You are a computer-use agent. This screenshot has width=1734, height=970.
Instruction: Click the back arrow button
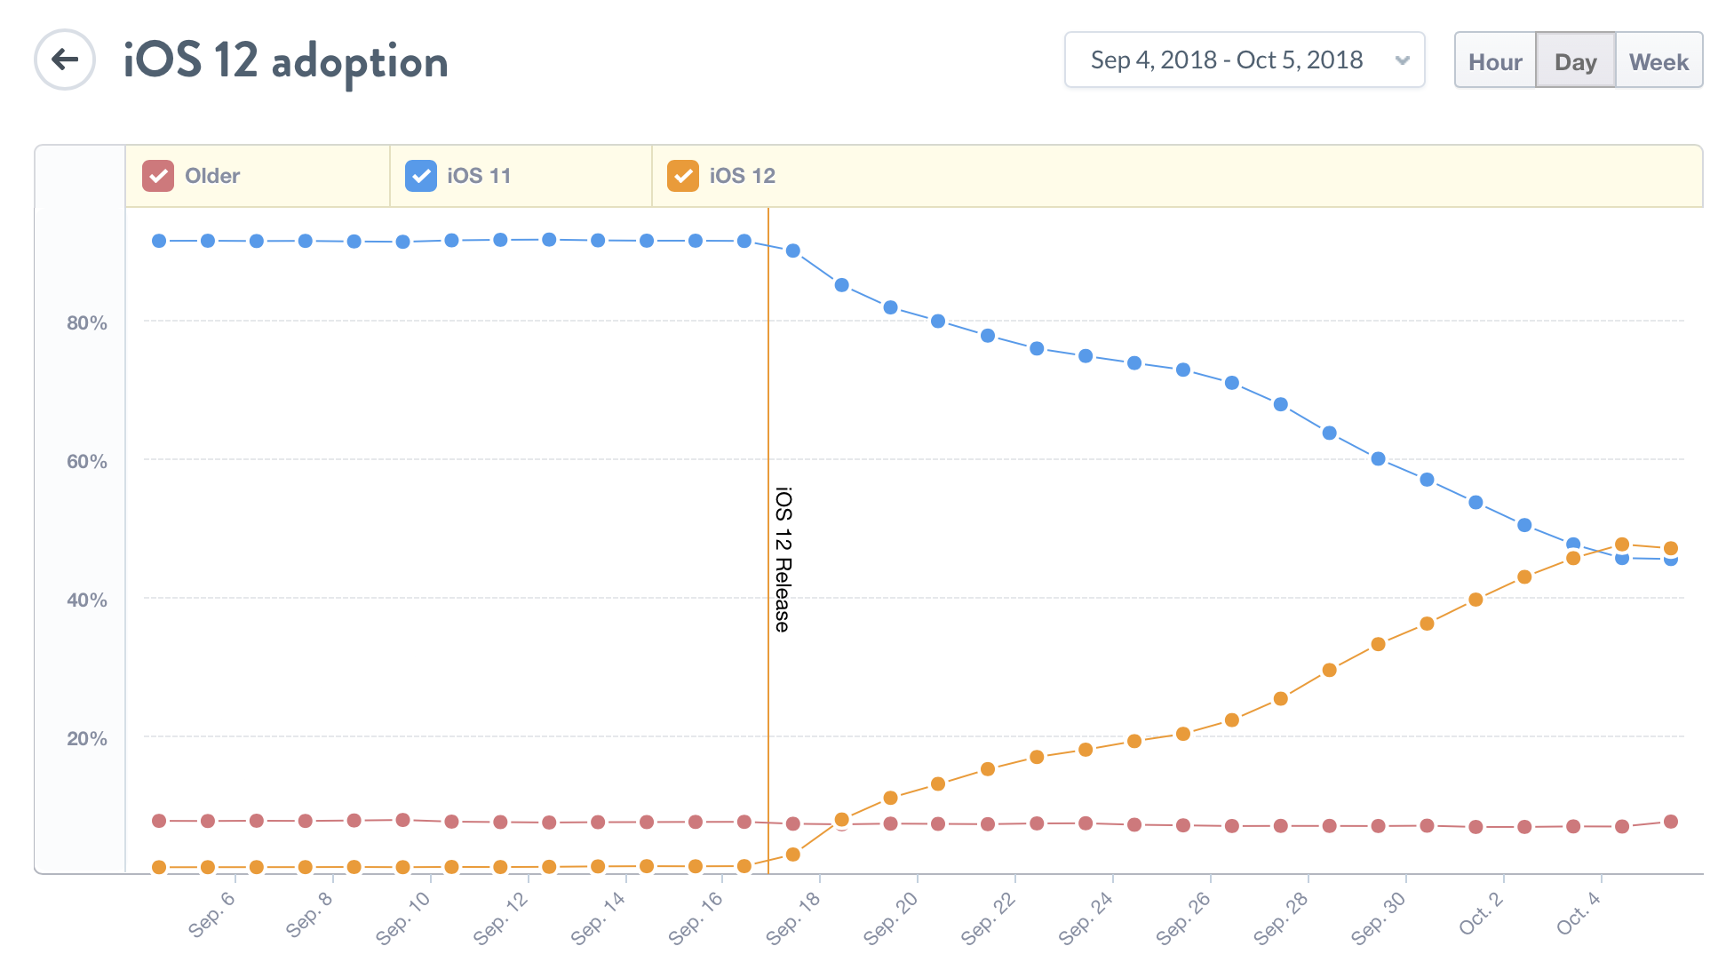click(65, 60)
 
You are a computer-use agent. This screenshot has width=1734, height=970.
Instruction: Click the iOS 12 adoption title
click(285, 61)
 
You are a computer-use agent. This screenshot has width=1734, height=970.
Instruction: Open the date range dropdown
click(1244, 60)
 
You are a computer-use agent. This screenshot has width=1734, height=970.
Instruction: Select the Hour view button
click(1495, 61)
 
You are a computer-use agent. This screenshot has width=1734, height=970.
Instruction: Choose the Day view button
click(1575, 61)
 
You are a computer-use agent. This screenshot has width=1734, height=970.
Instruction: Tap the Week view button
click(1658, 61)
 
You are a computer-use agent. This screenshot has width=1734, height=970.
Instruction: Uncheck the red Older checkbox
click(158, 176)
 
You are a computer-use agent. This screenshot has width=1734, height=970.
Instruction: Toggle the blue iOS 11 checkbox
click(421, 176)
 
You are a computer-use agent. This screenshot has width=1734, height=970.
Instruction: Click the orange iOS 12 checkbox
click(683, 176)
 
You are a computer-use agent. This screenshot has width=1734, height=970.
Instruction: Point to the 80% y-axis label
click(87, 323)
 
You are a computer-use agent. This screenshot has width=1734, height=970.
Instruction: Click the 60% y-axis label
click(87, 462)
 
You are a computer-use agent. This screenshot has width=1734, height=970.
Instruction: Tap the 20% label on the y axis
click(87, 739)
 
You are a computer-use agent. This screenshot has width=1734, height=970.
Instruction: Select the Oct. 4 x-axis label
click(1579, 913)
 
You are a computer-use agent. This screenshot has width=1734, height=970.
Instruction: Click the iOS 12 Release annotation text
click(783, 560)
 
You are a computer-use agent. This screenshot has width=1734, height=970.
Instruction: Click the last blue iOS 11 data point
click(1671, 560)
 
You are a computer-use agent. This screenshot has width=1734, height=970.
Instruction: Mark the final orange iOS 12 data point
click(1671, 548)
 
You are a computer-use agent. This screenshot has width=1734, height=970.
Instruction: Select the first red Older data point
click(159, 821)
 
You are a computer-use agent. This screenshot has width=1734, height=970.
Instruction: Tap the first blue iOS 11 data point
click(159, 241)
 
